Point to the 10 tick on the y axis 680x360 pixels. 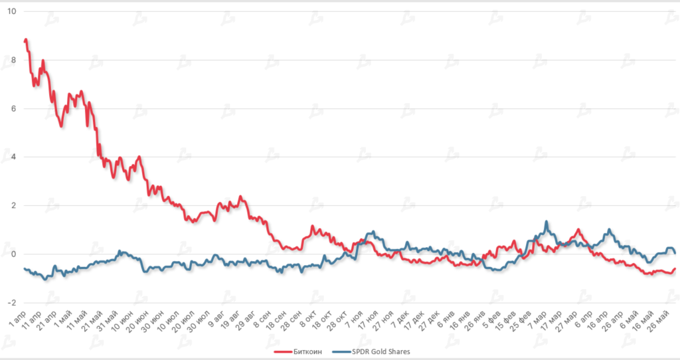tap(11, 12)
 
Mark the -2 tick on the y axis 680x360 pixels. tap(12, 303)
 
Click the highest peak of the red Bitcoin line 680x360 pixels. tap(26, 40)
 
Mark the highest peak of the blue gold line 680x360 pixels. tap(546, 222)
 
